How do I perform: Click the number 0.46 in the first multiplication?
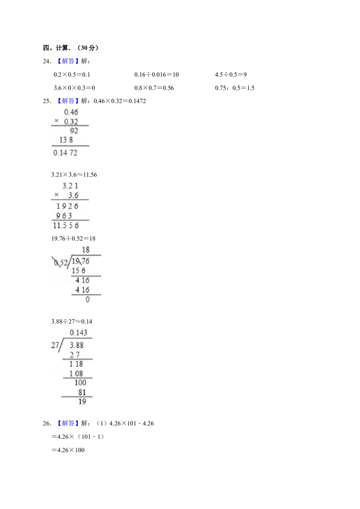[71, 112]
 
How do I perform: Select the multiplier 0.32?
[71, 122]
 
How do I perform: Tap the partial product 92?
[74, 131]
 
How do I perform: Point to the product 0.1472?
[65, 153]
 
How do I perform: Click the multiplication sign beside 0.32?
[56, 121]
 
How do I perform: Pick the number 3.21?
[70, 185]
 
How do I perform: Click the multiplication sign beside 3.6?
[56, 195]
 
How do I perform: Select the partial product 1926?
[67, 206]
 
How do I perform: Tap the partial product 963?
[64, 215]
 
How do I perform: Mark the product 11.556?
[66, 226]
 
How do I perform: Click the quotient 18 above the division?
[85, 250]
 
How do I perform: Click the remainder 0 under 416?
[87, 299]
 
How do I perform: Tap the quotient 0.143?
[79, 333]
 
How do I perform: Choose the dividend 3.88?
[77, 345]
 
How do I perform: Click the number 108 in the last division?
[76, 374]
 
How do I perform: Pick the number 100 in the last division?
[80, 383]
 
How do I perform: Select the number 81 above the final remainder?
[82, 393]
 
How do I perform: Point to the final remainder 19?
[82, 402]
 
